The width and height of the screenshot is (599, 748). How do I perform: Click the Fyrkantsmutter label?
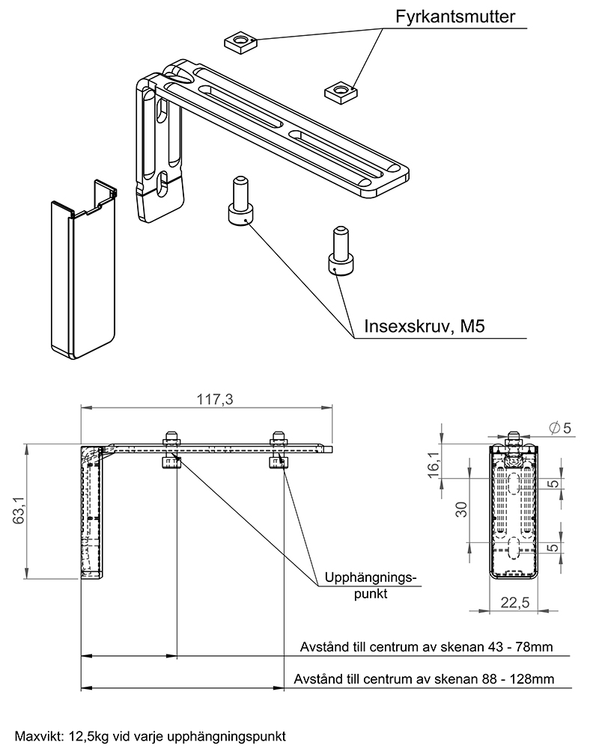point(455,17)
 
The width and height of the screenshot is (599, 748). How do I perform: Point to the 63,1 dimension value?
point(17,511)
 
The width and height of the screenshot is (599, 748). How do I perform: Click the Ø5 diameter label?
point(560,428)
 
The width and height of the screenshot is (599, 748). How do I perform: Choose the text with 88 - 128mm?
point(425,679)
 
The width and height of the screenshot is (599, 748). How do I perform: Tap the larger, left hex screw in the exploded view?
point(240,201)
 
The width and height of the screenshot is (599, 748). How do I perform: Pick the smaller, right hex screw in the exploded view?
point(338,252)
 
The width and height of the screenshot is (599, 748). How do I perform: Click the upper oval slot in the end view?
point(514,482)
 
